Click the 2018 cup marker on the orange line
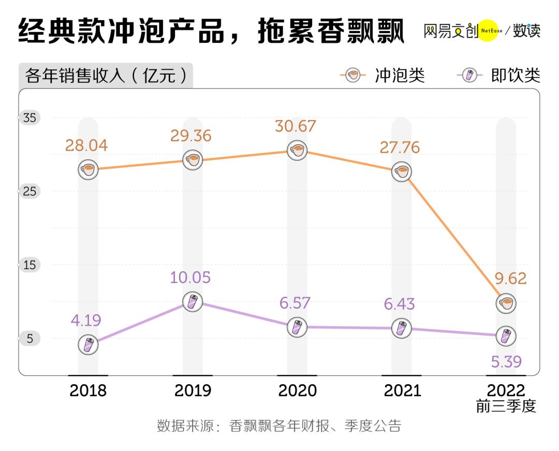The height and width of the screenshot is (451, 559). (89, 169)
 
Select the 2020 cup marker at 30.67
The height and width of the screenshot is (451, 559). (297, 150)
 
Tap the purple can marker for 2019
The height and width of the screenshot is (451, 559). (193, 301)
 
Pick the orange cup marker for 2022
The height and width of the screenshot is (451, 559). (506, 303)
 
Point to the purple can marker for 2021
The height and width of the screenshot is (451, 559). (402, 328)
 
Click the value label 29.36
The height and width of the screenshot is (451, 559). (192, 136)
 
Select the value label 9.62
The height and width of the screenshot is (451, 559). (510, 279)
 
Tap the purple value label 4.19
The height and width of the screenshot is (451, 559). (85, 320)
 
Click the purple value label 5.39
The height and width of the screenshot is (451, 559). (505, 362)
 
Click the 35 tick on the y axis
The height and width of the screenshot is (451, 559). (30, 118)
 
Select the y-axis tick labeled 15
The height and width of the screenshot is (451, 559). (30, 265)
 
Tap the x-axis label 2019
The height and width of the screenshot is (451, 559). (193, 390)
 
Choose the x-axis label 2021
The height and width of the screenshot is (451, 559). (402, 390)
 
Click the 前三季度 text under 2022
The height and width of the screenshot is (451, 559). (506, 406)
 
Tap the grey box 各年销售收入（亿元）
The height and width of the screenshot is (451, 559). (106, 76)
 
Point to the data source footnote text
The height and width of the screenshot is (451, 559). (279, 426)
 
